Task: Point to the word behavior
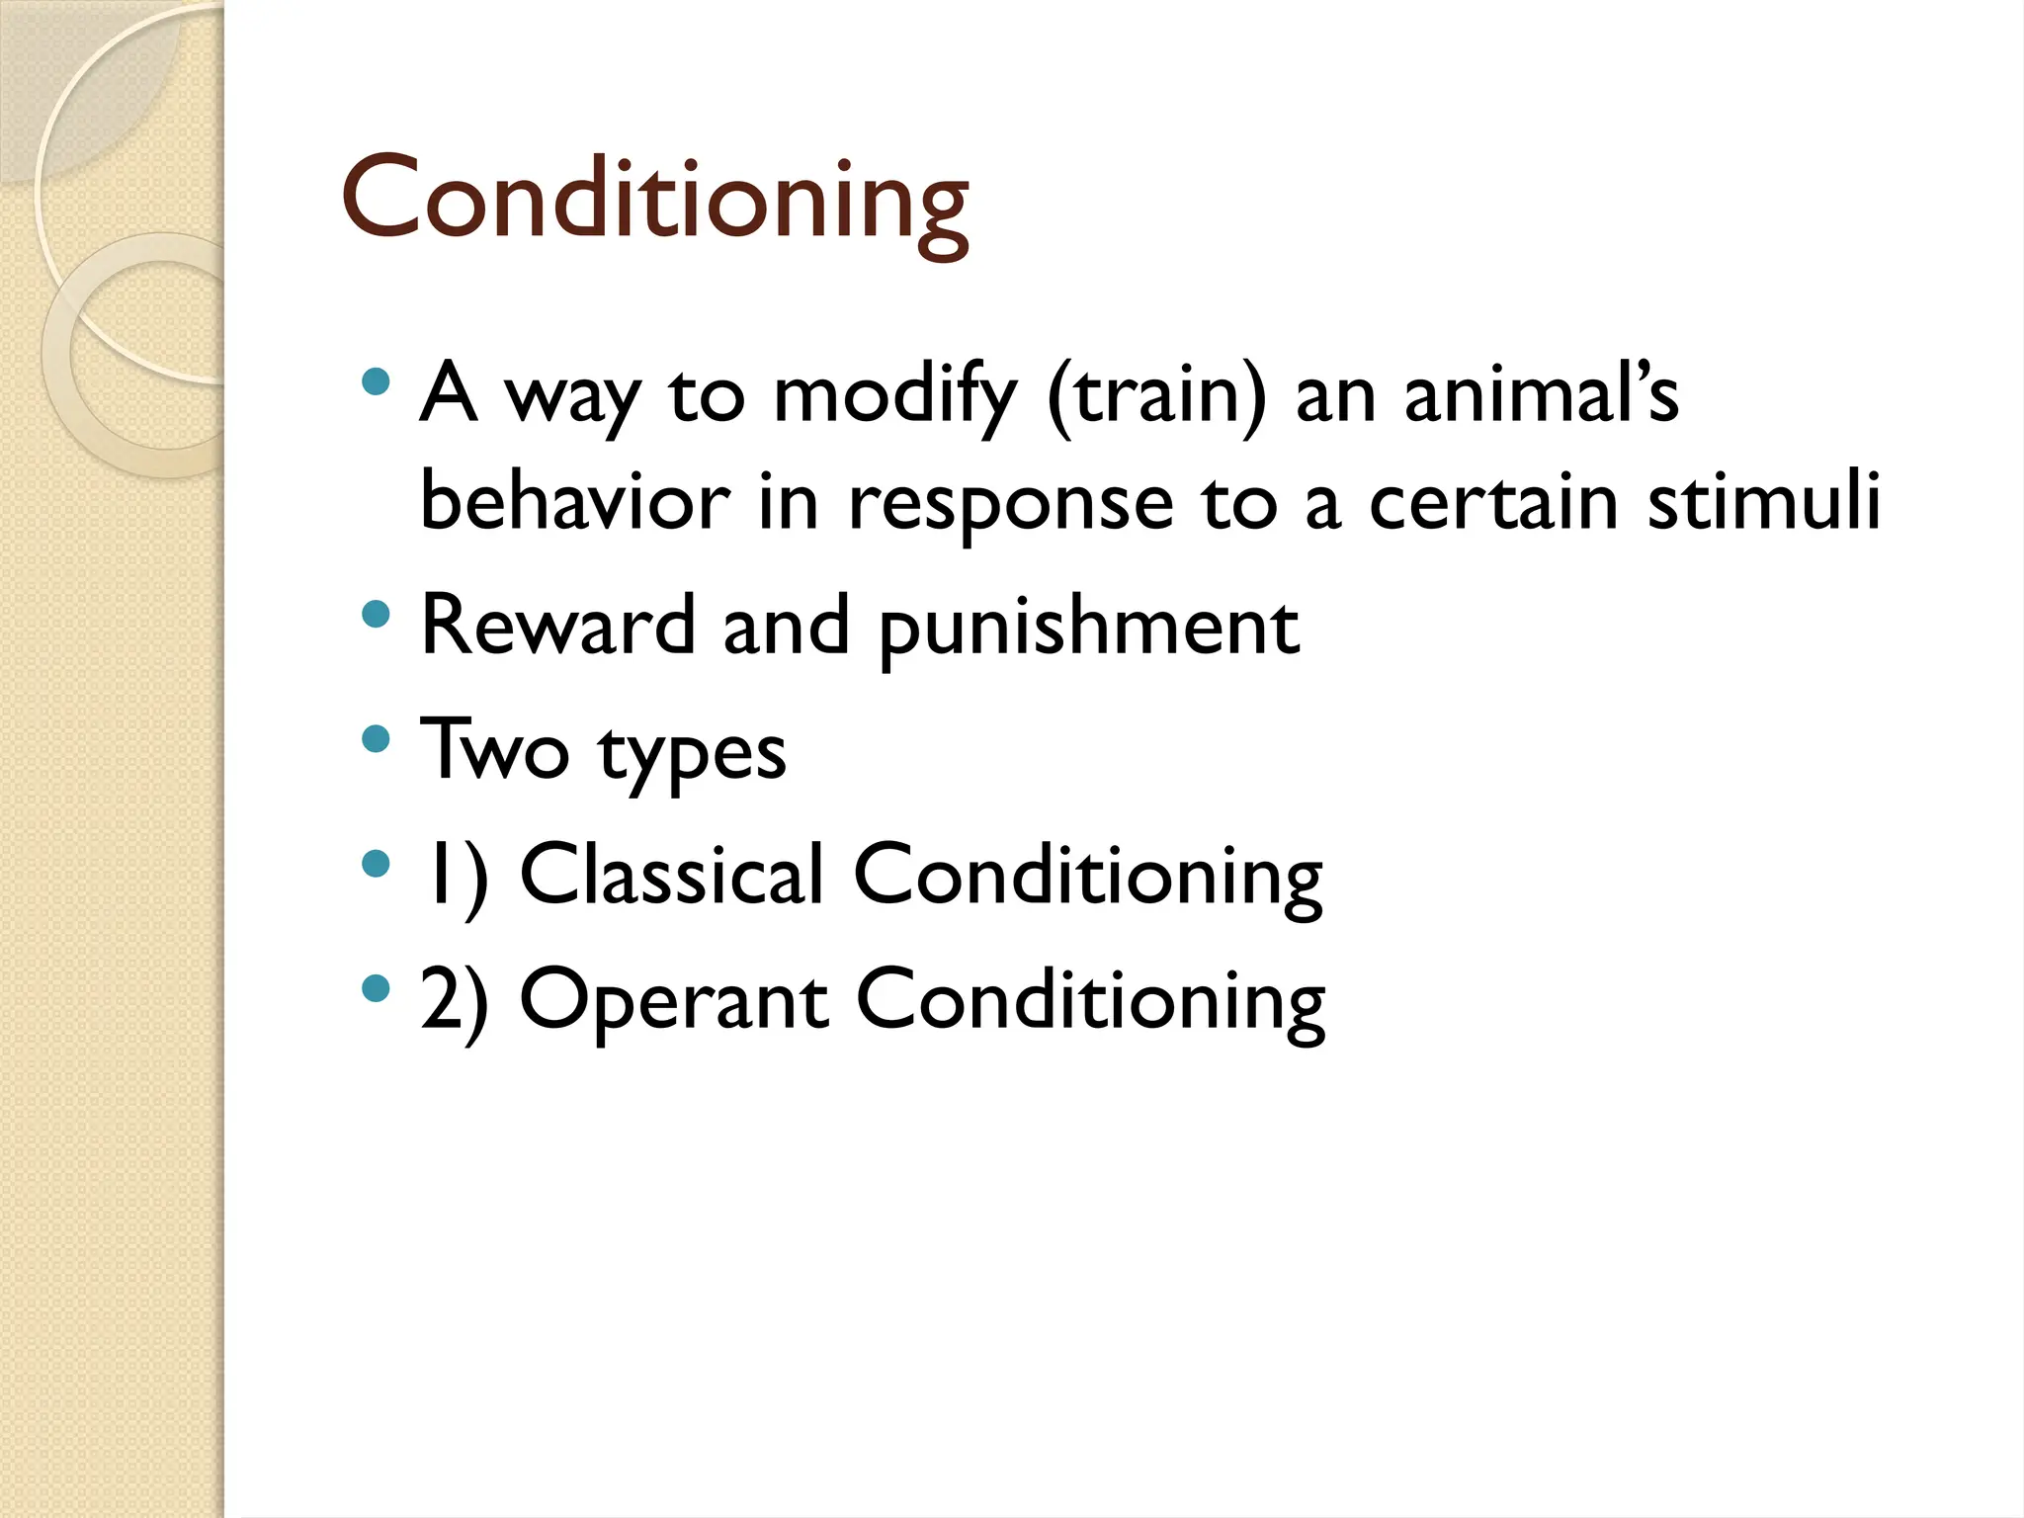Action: coord(575,502)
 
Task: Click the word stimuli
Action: coord(1764,502)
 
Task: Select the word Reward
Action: coord(557,627)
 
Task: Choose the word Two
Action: coord(494,751)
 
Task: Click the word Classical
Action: coord(671,875)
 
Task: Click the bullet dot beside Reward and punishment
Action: coord(376,616)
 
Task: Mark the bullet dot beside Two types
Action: coord(376,739)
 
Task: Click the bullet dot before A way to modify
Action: coord(376,382)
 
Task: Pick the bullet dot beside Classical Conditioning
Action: coord(376,865)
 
